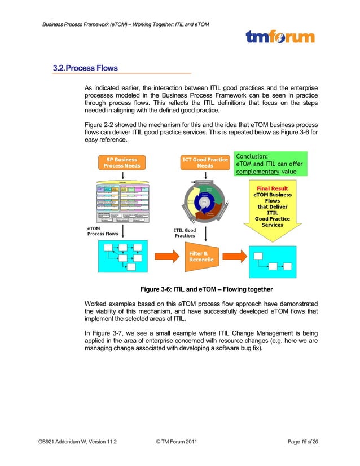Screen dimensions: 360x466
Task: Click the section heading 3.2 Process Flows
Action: (x=85, y=68)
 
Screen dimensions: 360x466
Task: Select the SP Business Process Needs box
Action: (x=122, y=162)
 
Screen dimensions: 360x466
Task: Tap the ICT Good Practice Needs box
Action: (x=204, y=162)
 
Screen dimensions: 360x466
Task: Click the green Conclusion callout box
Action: (x=269, y=164)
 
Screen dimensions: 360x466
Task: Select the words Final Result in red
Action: (x=273, y=188)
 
